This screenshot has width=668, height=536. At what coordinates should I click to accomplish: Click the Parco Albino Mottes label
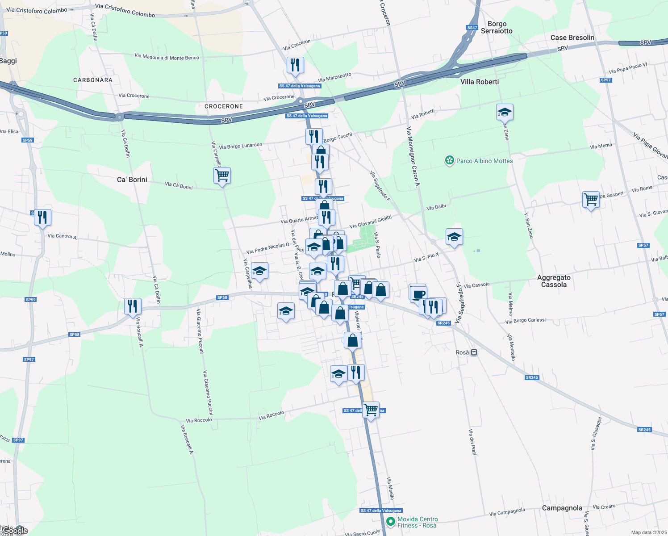(x=484, y=161)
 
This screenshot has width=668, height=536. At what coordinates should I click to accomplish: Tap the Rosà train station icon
(x=474, y=352)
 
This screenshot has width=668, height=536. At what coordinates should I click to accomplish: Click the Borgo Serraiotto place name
(x=497, y=27)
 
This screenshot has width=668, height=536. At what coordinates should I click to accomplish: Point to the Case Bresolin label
(x=572, y=38)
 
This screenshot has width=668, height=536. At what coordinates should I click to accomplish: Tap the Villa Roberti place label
(x=480, y=82)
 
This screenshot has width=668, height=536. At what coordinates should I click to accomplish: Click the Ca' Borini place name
(x=132, y=180)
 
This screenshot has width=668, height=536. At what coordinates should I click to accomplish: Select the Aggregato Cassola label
(x=554, y=281)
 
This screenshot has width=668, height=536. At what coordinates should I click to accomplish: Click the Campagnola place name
(x=562, y=508)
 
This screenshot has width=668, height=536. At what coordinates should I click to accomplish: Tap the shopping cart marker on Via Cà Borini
(x=222, y=175)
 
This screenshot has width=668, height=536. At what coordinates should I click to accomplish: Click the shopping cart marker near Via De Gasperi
(x=591, y=199)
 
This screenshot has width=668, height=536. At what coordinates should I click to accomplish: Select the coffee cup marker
(x=419, y=294)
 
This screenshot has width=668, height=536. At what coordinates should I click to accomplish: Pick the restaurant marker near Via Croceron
(x=295, y=65)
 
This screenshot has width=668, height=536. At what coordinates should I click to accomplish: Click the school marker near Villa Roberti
(x=505, y=112)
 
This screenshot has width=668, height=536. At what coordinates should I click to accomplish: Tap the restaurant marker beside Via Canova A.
(x=42, y=218)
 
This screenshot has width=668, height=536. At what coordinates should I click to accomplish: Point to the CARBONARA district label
(x=93, y=80)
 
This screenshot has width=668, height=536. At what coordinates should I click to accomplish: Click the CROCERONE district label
(x=224, y=106)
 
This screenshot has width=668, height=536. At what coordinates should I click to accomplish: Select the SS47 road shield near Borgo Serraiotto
(x=472, y=28)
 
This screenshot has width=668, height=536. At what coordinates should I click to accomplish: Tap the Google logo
(x=15, y=531)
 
